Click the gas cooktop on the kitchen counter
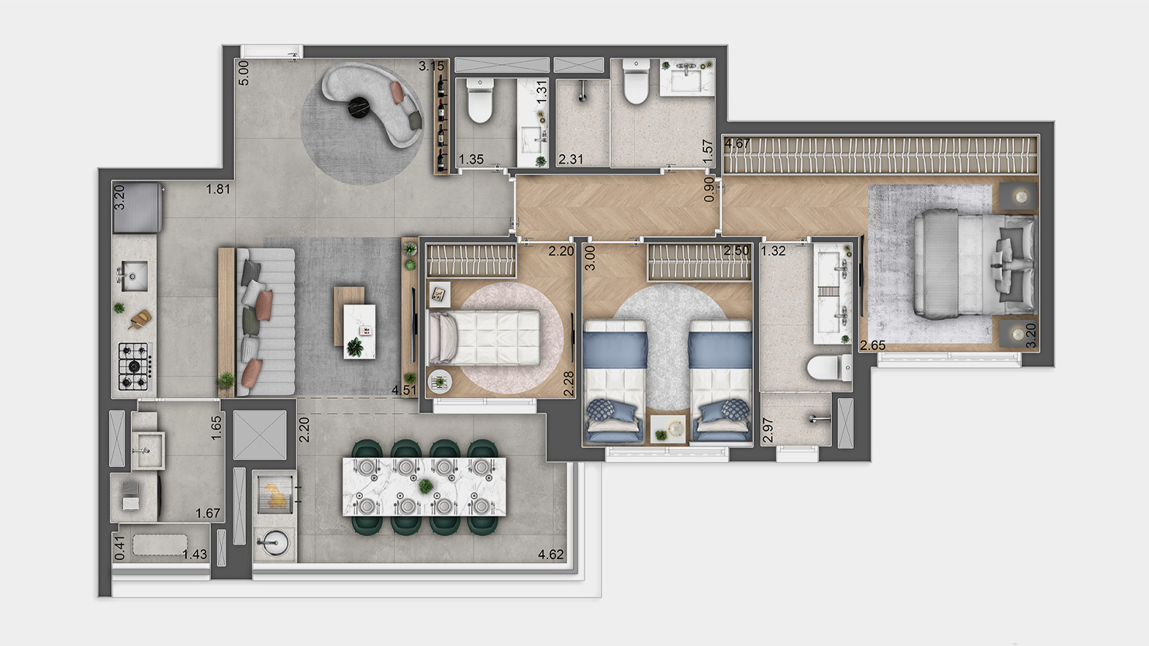coord(134,366)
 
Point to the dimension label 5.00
coord(243,72)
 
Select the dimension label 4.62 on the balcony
coord(550,555)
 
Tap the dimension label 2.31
coord(571,160)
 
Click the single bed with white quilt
coord(484,336)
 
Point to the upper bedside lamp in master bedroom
coord(1020,198)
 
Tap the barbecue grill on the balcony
coord(275,493)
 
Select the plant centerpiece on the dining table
coord(425,486)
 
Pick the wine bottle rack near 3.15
coord(441,123)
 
